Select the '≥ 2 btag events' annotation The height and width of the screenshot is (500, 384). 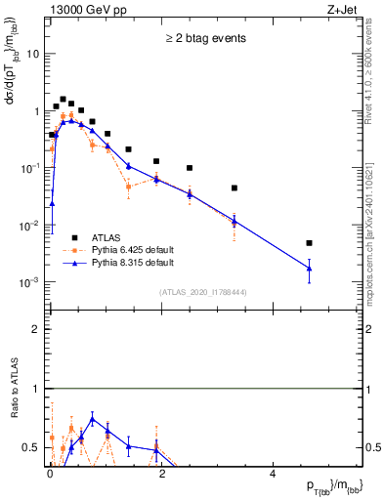(203, 39)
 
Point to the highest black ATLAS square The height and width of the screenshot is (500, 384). (64, 100)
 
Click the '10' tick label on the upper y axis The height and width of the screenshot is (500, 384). (32, 54)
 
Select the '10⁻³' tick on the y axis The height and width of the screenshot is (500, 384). (29, 282)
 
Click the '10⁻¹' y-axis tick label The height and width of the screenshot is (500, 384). (29, 168)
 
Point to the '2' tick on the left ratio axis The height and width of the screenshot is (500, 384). (35, 329)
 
